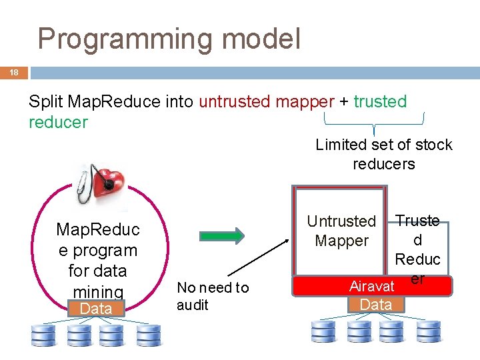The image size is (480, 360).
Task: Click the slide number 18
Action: coord(13,73)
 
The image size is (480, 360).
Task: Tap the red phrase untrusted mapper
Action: coord(267,102)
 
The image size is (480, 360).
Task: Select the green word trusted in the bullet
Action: coord(380,102)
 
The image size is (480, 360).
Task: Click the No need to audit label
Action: coord(212,296)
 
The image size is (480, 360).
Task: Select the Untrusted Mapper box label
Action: coord(341,231)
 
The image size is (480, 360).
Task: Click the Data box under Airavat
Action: coord(375,305)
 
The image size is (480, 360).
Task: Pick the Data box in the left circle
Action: coord(96,308)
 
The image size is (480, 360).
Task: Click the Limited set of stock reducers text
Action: coord(383,154)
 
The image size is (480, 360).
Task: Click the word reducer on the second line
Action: coord(58,123)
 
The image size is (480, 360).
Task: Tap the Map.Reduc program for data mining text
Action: coord(97,260)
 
